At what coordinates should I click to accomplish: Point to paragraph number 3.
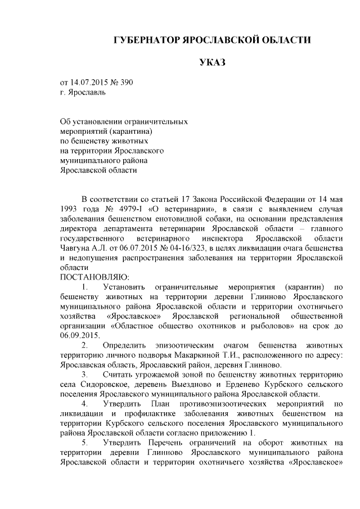pos(84,375)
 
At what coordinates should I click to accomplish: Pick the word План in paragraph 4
pos(159,404)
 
